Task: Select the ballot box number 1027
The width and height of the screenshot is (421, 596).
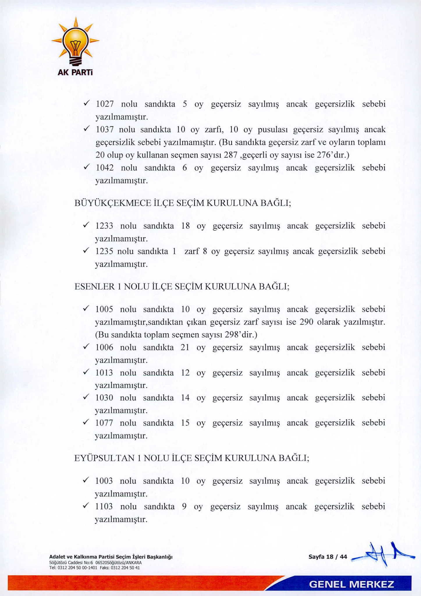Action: tap(104, 104)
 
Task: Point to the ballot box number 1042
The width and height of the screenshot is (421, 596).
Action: tap(104, 168)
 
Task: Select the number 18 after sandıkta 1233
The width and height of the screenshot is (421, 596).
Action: tap(185, 226)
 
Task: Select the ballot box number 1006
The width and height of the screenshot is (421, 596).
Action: tap(104, 347)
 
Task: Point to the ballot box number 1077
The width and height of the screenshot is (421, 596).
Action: tap(104, 423)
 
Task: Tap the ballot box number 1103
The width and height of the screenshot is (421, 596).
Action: tap(104, 506)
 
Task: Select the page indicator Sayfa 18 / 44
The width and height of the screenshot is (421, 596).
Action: tap(328, 557)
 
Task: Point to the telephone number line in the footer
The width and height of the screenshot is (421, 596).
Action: tap(95, 567)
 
